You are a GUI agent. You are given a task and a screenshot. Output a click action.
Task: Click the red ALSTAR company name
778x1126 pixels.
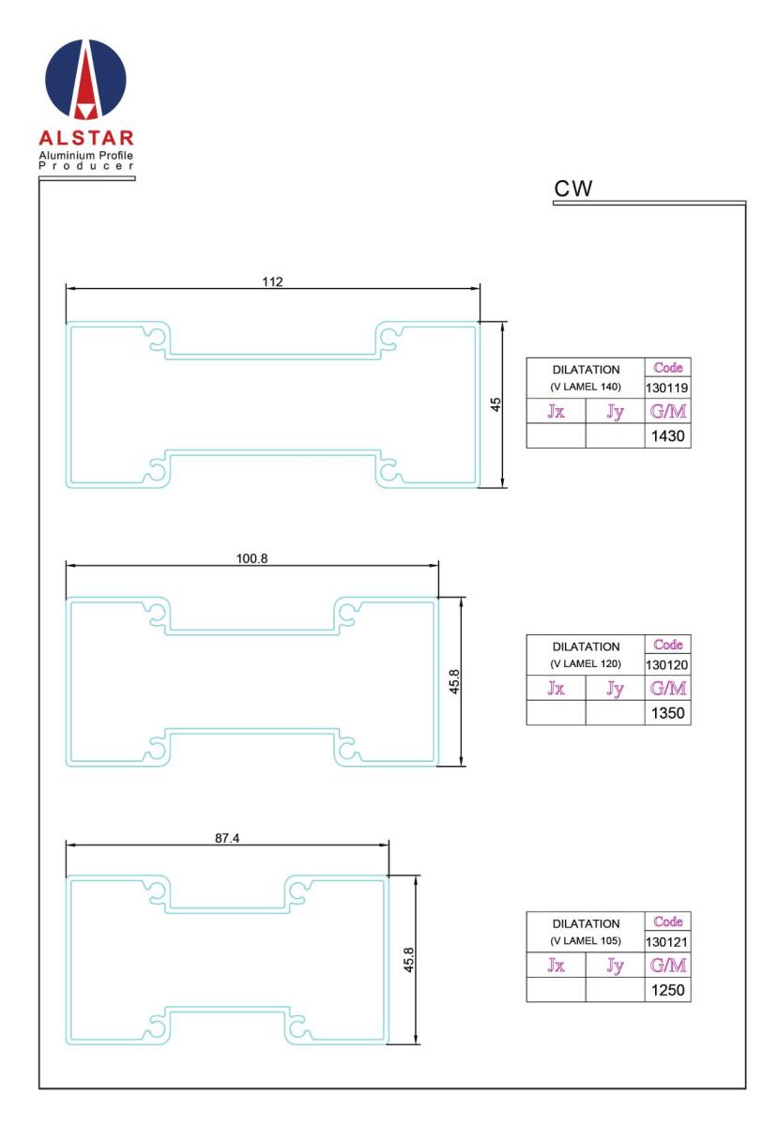(86, 138)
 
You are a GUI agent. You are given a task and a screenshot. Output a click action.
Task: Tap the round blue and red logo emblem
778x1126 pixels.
(86, 79)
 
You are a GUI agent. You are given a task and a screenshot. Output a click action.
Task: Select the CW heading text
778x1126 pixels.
(572, 189)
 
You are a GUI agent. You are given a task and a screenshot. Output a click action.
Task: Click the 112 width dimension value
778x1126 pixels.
(272, 281)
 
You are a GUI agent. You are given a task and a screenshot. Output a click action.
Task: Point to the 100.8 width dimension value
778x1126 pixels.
(252, 558)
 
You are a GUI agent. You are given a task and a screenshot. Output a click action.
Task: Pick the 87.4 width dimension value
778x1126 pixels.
(227, 838)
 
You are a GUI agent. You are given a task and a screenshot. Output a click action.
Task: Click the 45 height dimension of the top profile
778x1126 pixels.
(496, 404)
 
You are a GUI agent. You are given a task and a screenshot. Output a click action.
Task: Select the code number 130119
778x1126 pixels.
(666, 388)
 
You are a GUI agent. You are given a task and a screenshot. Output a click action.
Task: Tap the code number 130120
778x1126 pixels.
(666, 665)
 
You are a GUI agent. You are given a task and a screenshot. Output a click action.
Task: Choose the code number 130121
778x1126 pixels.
(666, 942)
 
